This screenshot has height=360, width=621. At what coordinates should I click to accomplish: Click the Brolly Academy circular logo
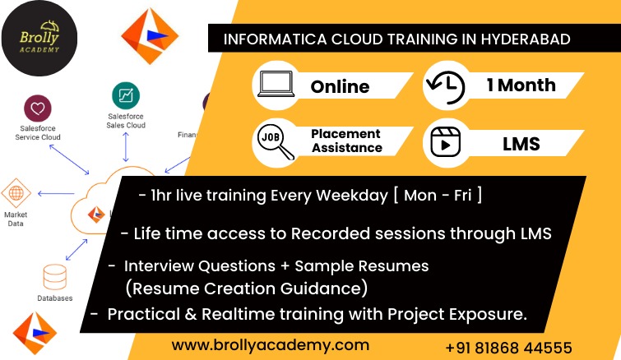tap(39, 38)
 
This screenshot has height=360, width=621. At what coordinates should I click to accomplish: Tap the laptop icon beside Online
tap(276, 84)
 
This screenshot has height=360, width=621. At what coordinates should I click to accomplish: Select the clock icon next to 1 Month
tap(446, 87)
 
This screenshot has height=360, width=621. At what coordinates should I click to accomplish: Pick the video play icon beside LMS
tap(446, 142)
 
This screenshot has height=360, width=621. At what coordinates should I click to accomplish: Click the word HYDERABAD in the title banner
tap(526, 39)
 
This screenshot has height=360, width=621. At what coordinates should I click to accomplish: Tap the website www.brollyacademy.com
tap(271, 345)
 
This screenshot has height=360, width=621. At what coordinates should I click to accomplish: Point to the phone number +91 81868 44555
tap(509, 348)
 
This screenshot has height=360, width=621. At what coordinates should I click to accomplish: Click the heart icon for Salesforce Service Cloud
tap(38, 108)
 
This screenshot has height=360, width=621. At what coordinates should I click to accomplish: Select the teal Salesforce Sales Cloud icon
tap(126, 95)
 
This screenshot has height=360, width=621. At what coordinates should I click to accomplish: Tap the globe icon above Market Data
tap(16, 193)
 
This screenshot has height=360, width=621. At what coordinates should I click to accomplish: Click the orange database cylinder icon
tap(54, 277)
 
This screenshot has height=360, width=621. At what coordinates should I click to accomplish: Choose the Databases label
tap(54, 298)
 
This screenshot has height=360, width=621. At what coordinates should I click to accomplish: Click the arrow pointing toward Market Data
tap(56, 193)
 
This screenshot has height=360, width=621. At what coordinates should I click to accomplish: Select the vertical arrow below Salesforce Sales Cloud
tap(126, 147)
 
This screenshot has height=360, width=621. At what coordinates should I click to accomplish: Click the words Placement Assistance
tap(346, 141)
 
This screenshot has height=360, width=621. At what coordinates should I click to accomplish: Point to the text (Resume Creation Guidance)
tap(246, 288)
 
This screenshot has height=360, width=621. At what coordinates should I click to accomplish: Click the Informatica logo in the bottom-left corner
tap(35, 333)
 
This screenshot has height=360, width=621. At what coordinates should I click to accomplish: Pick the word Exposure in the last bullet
tap(488, 315)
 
